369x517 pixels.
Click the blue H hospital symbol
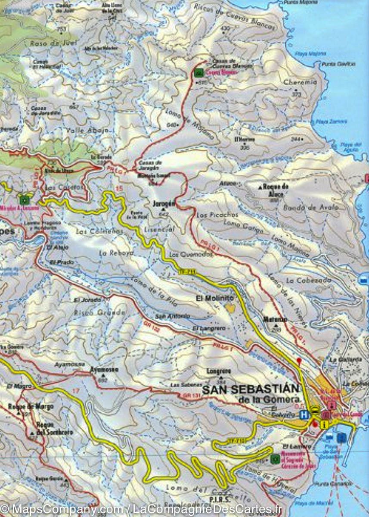click(x=304, y=415)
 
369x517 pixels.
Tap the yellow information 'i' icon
click(x=324, y=425)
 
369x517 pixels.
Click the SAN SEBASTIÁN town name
click(x=251, y=389)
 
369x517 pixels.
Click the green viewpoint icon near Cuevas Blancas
click(x=198, y=72)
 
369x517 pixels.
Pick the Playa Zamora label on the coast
click(x=334, y=121)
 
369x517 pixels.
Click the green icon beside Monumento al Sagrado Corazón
click(x=275, y=459)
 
